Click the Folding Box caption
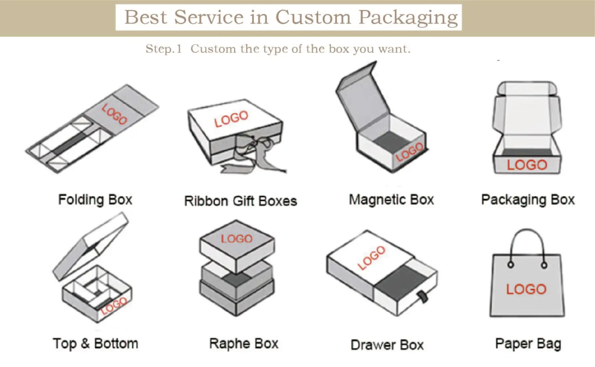point(95,200)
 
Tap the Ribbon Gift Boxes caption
point(240,201)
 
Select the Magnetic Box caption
point(391,200)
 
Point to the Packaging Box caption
point(528,200)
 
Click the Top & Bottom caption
point(95,344)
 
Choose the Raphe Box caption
point(244,344)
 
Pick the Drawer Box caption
point(387,345)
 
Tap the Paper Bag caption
point(528,344)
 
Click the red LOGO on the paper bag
point(526,289)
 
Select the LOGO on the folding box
point(114,114)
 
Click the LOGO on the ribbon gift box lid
point(231,119)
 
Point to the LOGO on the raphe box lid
point(237,239)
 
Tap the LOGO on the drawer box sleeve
point(371,258)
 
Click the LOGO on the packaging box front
point(527,165)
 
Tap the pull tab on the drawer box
point(423,297)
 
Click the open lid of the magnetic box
point(362,97)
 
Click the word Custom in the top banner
point(313,17)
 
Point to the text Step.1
point(163,49)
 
